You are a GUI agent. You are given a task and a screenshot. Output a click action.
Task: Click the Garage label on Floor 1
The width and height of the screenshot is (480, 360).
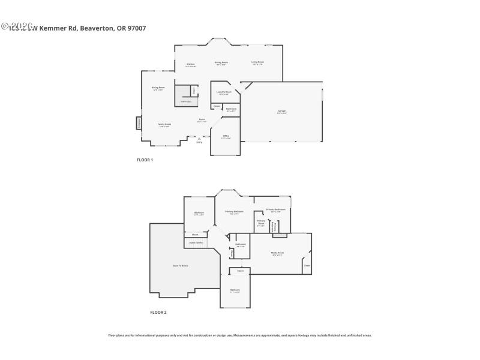(281, 112)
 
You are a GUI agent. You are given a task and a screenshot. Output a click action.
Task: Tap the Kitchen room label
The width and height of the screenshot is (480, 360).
(190, 64)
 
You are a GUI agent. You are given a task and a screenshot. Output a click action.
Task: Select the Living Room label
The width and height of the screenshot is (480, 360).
(257, 62)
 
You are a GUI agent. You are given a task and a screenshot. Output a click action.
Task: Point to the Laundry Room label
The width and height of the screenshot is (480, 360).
(224, 92)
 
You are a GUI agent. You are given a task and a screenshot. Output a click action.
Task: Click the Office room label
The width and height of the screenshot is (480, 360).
(226, 137)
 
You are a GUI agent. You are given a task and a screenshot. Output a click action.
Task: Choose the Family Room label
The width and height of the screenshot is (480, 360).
(164, 125)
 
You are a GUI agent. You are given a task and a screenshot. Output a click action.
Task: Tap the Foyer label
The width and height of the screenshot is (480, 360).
(202, 120)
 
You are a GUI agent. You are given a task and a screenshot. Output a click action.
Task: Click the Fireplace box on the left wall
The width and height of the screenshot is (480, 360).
(139, 122)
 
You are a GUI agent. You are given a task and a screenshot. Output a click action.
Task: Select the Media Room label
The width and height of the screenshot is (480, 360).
(277, 253)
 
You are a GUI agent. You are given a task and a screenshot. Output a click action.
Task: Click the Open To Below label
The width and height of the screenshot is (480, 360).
(181, 265)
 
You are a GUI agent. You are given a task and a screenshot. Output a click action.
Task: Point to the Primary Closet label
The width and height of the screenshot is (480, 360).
(261, 222)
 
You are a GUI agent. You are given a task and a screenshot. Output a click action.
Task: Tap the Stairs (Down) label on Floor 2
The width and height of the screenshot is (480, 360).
(196, 242)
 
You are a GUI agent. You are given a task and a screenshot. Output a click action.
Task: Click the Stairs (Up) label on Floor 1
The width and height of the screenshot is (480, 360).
(186, 101)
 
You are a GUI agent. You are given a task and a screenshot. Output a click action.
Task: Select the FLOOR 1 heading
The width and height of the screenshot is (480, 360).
(145, 160)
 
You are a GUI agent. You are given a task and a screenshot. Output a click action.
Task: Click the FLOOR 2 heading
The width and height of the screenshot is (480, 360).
(158, 313)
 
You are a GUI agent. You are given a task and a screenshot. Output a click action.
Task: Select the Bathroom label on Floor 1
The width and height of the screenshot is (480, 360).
(231, 109)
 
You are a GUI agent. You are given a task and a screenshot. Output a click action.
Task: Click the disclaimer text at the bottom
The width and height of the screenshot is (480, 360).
(240, 335)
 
